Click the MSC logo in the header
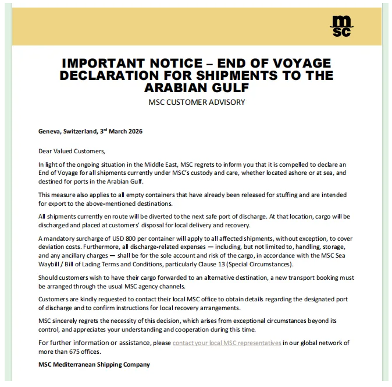tap(341, 26)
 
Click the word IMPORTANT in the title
tap(103, 64)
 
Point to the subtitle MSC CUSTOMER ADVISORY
tap(197, 103)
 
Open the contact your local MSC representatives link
tap(227, 343)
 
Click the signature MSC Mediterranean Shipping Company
tap(94, 364)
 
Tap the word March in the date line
tap(116, 132)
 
